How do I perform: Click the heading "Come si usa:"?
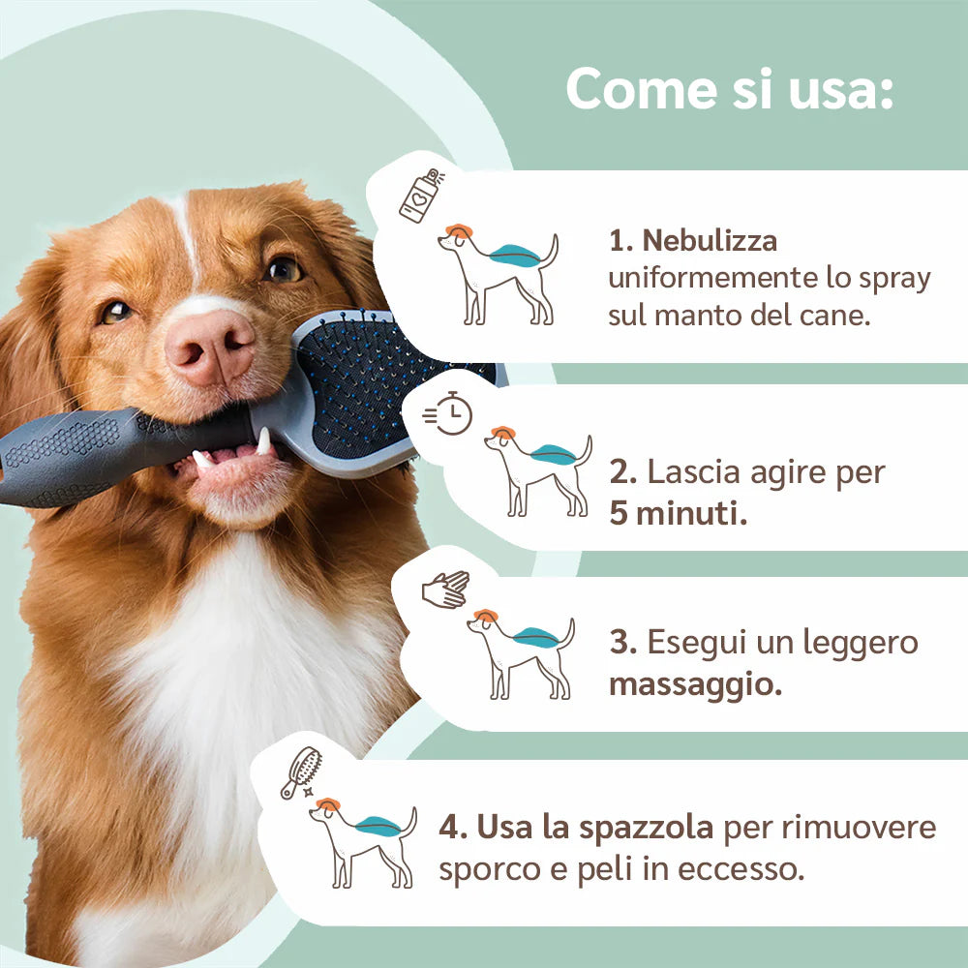coord(730,88)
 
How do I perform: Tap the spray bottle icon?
coord(421,196)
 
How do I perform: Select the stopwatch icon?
coord(448,413)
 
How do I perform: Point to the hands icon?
coord(445,590)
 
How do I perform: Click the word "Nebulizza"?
coord(710,240)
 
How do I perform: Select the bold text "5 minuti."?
coord(678,513)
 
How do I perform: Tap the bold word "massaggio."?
coord(696,684)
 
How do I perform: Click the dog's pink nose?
coord(210,348)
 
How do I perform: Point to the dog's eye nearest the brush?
coord(282,270)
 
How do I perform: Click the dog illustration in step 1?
coord(498,275)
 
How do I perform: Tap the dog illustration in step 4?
coord(363,843)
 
